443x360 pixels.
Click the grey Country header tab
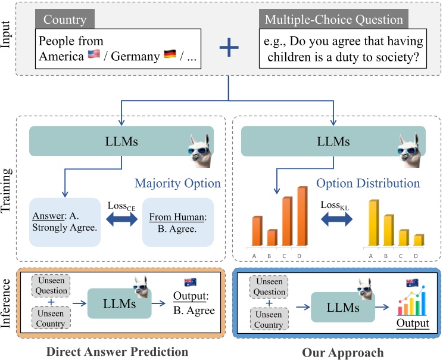click(65, 20)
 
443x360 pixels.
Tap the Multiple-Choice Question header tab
click(334, 20)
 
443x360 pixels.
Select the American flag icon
click(95, 55)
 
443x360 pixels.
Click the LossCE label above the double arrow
click(121, 207)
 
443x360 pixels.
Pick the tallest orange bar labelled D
click(302, 216)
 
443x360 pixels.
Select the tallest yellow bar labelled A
click(374, 222)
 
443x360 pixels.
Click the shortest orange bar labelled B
click(272, 237)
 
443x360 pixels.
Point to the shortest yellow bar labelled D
click(419, 239)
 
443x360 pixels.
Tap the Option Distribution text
click(368, 183)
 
